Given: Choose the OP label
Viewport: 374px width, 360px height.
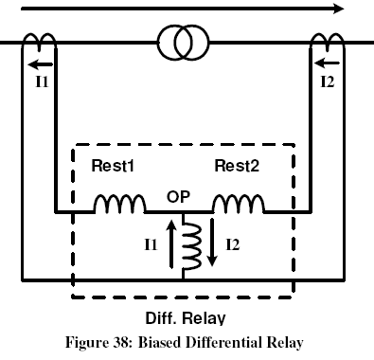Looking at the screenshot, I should (x=179, y=198).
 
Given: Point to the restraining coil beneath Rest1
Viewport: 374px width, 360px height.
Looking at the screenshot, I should (x=118, y=204).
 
